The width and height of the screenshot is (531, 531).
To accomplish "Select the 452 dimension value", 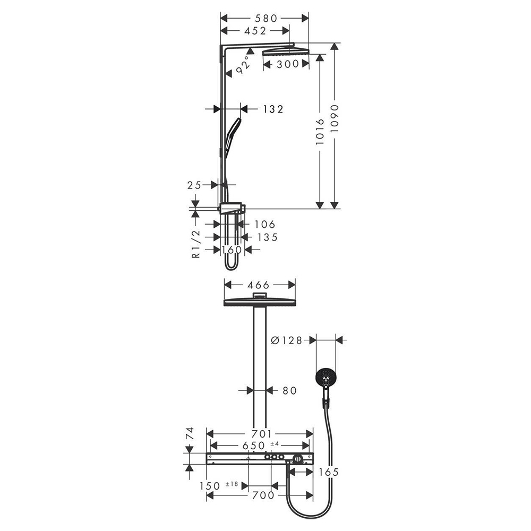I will (255, 31).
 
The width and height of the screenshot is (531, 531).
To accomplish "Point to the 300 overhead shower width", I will (286, 65).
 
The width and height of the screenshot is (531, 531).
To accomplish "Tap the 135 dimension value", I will (267, 237).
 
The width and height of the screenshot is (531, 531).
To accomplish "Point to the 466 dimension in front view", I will (259, 285).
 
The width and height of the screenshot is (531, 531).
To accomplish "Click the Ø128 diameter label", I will (286, 340).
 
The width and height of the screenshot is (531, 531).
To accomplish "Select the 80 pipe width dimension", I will (289, 391).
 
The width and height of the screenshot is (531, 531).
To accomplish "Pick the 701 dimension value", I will (261, 433).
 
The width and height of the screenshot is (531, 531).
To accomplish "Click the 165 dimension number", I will (328, 472).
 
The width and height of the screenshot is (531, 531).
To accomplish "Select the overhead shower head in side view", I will (285, 51).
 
